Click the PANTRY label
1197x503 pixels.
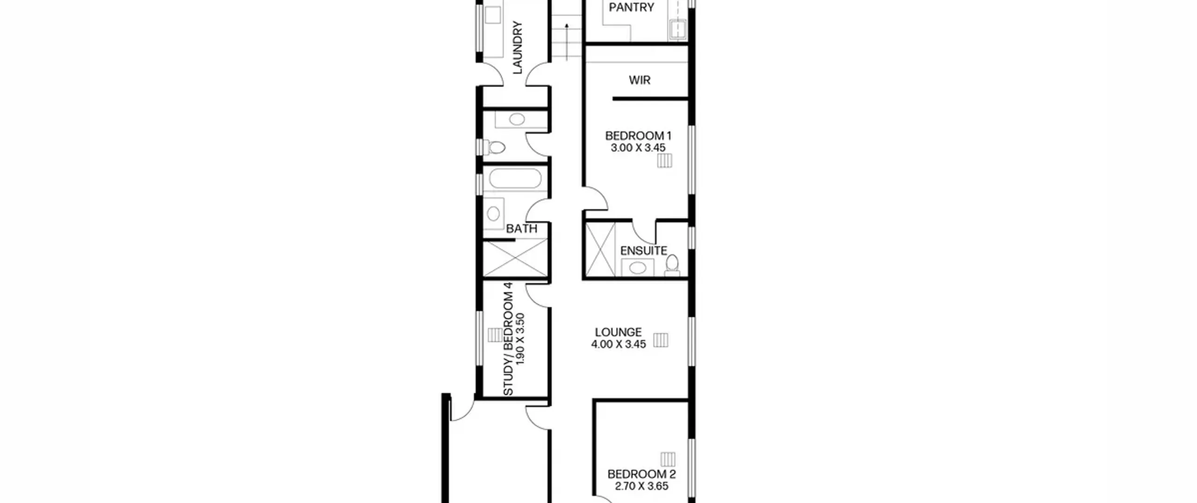[x=631, y=7]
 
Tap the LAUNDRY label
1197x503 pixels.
[x=518, y=47]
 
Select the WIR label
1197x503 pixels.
[x=640, y=80]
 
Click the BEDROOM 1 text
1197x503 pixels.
[x=638, y=136]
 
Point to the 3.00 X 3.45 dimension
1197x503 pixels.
[x=638, y=148]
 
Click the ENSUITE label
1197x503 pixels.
[x=644, y=251]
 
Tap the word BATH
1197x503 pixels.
[x=522, y=229]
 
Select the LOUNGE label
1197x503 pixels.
[x=618, y=332]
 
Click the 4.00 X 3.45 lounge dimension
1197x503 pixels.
[x=618, y=344]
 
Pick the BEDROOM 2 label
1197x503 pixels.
[x=642, y=474]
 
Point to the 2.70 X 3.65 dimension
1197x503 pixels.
[x=642, y=486]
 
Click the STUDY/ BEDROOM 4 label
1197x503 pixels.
[x=508, y=339]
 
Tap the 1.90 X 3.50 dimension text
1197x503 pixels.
[x=520, y=339]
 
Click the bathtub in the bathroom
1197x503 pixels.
[x=515, y=179]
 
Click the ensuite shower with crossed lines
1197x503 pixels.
[x=600, y=250]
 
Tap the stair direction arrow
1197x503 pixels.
[x=567, y=42]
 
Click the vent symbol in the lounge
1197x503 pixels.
[x=661, y=340]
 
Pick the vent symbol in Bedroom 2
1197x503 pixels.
[x=668, y=459]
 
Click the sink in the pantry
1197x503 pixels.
[x=678, y=29]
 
